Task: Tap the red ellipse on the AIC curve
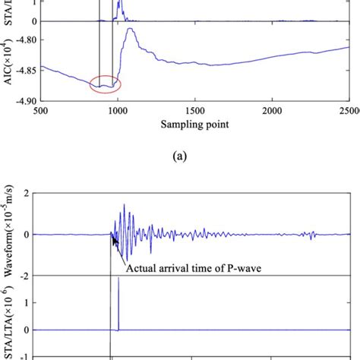click(x=106, y=84)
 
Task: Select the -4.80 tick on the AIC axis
click(x=22, y=35)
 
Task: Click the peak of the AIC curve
click(x=131, y=29)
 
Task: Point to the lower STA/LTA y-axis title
click(x=8, y=319)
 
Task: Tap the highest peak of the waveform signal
click(x=123, y=204)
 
